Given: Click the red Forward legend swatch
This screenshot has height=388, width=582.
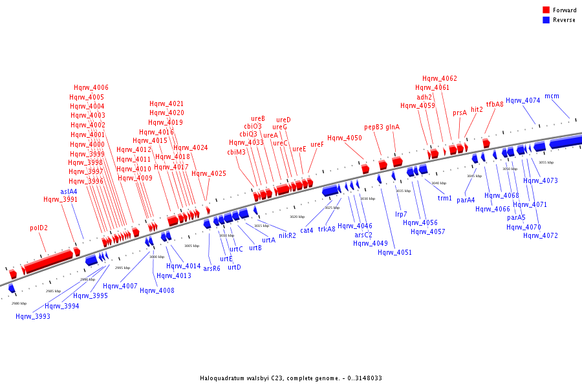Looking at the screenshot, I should coord(546,10).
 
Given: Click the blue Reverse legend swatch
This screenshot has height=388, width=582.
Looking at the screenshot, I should coord(546,20).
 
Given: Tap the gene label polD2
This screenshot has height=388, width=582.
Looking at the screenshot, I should coord(39,228).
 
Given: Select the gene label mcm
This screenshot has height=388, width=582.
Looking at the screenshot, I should coord(552,96).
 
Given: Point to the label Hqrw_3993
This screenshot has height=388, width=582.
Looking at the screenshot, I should coord(33,316).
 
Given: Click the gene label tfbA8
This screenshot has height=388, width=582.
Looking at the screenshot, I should coord(495,104).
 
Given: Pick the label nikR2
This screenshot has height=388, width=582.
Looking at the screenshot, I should coord(287,235).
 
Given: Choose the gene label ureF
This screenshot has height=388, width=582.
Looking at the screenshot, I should coord(317,144).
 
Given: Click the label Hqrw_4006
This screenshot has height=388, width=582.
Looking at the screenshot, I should coord(91,87).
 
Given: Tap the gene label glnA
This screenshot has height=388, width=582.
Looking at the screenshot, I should coord(393,127).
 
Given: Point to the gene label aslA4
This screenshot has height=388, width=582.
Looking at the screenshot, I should coord(69,191).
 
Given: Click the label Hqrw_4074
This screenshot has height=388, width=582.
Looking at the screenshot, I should coord(523,100).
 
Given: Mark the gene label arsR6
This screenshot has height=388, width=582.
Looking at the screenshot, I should coord(211,268).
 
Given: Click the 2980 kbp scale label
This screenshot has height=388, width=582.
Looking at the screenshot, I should coord(19,303).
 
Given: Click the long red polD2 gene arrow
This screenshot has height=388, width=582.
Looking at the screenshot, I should coord(48,261).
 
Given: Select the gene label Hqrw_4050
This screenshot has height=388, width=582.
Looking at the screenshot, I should coord(344,138).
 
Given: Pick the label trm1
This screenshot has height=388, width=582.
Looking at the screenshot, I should coord(445,198).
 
